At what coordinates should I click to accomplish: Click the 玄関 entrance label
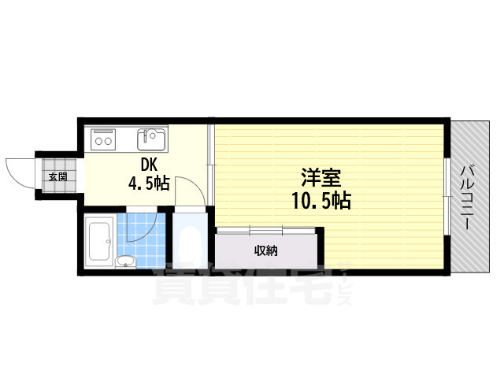[x=57, y=176]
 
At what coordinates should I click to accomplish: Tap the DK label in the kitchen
[x=149, y=165]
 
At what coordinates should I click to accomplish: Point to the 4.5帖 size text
[x=149, y=183]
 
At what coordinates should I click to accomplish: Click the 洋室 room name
[x=321, y=178]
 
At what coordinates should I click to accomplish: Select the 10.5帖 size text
[x=321, y=201]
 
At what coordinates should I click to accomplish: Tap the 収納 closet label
[x=266, y=250]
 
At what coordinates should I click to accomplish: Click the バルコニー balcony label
[x=467, y=198]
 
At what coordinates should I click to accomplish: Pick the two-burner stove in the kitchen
[x=103, y=139]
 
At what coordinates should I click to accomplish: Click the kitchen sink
[x=151, y=139]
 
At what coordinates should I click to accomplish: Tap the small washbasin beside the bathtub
[x=126, y=261]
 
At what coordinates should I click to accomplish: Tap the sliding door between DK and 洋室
[x=210, y=165]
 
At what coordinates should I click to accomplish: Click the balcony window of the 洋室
[x=447, y=197]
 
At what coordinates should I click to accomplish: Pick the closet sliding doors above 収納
[x=266, y=231]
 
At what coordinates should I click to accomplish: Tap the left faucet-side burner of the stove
[x=98, y=141]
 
